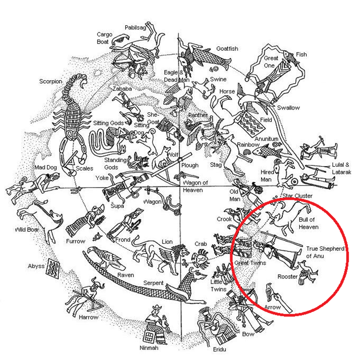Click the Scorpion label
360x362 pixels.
point(50,81)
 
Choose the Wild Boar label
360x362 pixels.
point(27,229)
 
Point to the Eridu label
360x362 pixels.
point(220,350)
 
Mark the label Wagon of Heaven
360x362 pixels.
point(195,186)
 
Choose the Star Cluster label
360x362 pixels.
point(298,196)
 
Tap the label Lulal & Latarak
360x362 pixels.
point(343,168)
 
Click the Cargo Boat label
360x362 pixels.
point(104,38)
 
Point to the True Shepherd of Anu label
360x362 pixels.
point(325,252)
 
